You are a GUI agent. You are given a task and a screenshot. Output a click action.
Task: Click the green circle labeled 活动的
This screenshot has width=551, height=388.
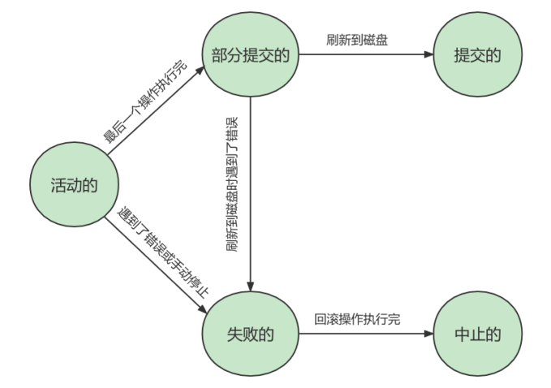tap(69, 185)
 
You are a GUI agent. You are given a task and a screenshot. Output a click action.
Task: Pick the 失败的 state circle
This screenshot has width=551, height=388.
tap(252, 333)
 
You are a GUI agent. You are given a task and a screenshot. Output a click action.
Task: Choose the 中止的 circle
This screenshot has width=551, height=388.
tap(476, 333)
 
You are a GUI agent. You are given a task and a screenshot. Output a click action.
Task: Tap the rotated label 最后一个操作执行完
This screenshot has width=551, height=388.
tap(144, 101)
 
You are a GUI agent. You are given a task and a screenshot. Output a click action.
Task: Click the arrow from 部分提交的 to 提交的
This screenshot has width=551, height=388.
tap(365, 55)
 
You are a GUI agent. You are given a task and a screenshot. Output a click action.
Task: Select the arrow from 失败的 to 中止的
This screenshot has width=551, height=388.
tap(365, 333)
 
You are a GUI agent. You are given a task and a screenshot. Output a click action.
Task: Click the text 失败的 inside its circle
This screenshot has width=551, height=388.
tap(252, 333)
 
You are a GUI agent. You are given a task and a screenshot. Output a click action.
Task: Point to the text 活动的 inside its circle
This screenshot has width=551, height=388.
tap(69, 185)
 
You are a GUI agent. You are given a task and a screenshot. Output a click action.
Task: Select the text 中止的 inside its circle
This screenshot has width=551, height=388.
tap(476, 333)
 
